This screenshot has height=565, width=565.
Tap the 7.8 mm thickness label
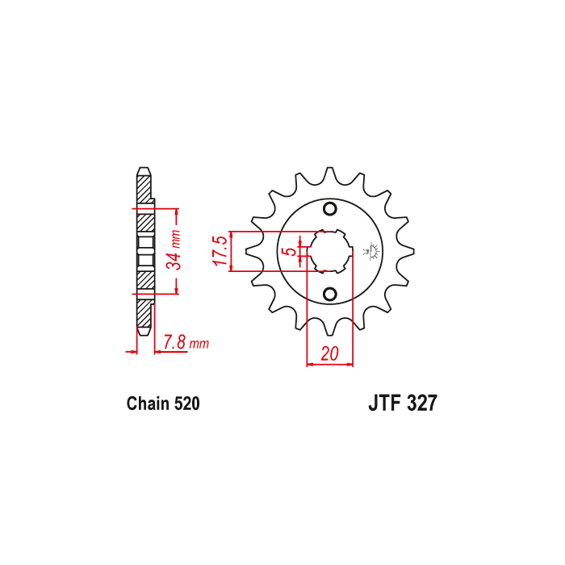click(x=186, y=342)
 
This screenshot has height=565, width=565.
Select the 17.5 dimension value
click(x=220, y=251)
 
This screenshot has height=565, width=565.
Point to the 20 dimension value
click(x=329, y=354)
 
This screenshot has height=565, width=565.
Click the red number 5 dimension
click(x=291, y=251)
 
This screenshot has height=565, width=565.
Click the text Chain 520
click(x=163, y=404)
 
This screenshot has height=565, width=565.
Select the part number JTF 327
click(x=403, y=403)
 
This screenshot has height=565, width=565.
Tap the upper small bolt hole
click(x=329, y=208)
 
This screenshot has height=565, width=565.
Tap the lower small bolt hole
click(x=329, y=294)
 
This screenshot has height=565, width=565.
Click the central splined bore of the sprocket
click(x=329, y=251)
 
